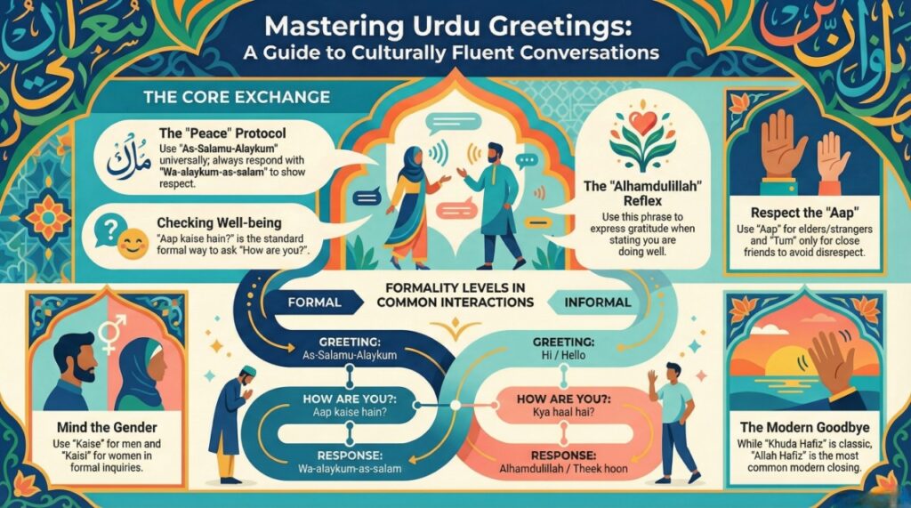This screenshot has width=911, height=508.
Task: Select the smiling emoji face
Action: (x=133, y=246)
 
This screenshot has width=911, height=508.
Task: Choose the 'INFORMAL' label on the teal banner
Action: (x=600, y=302)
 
